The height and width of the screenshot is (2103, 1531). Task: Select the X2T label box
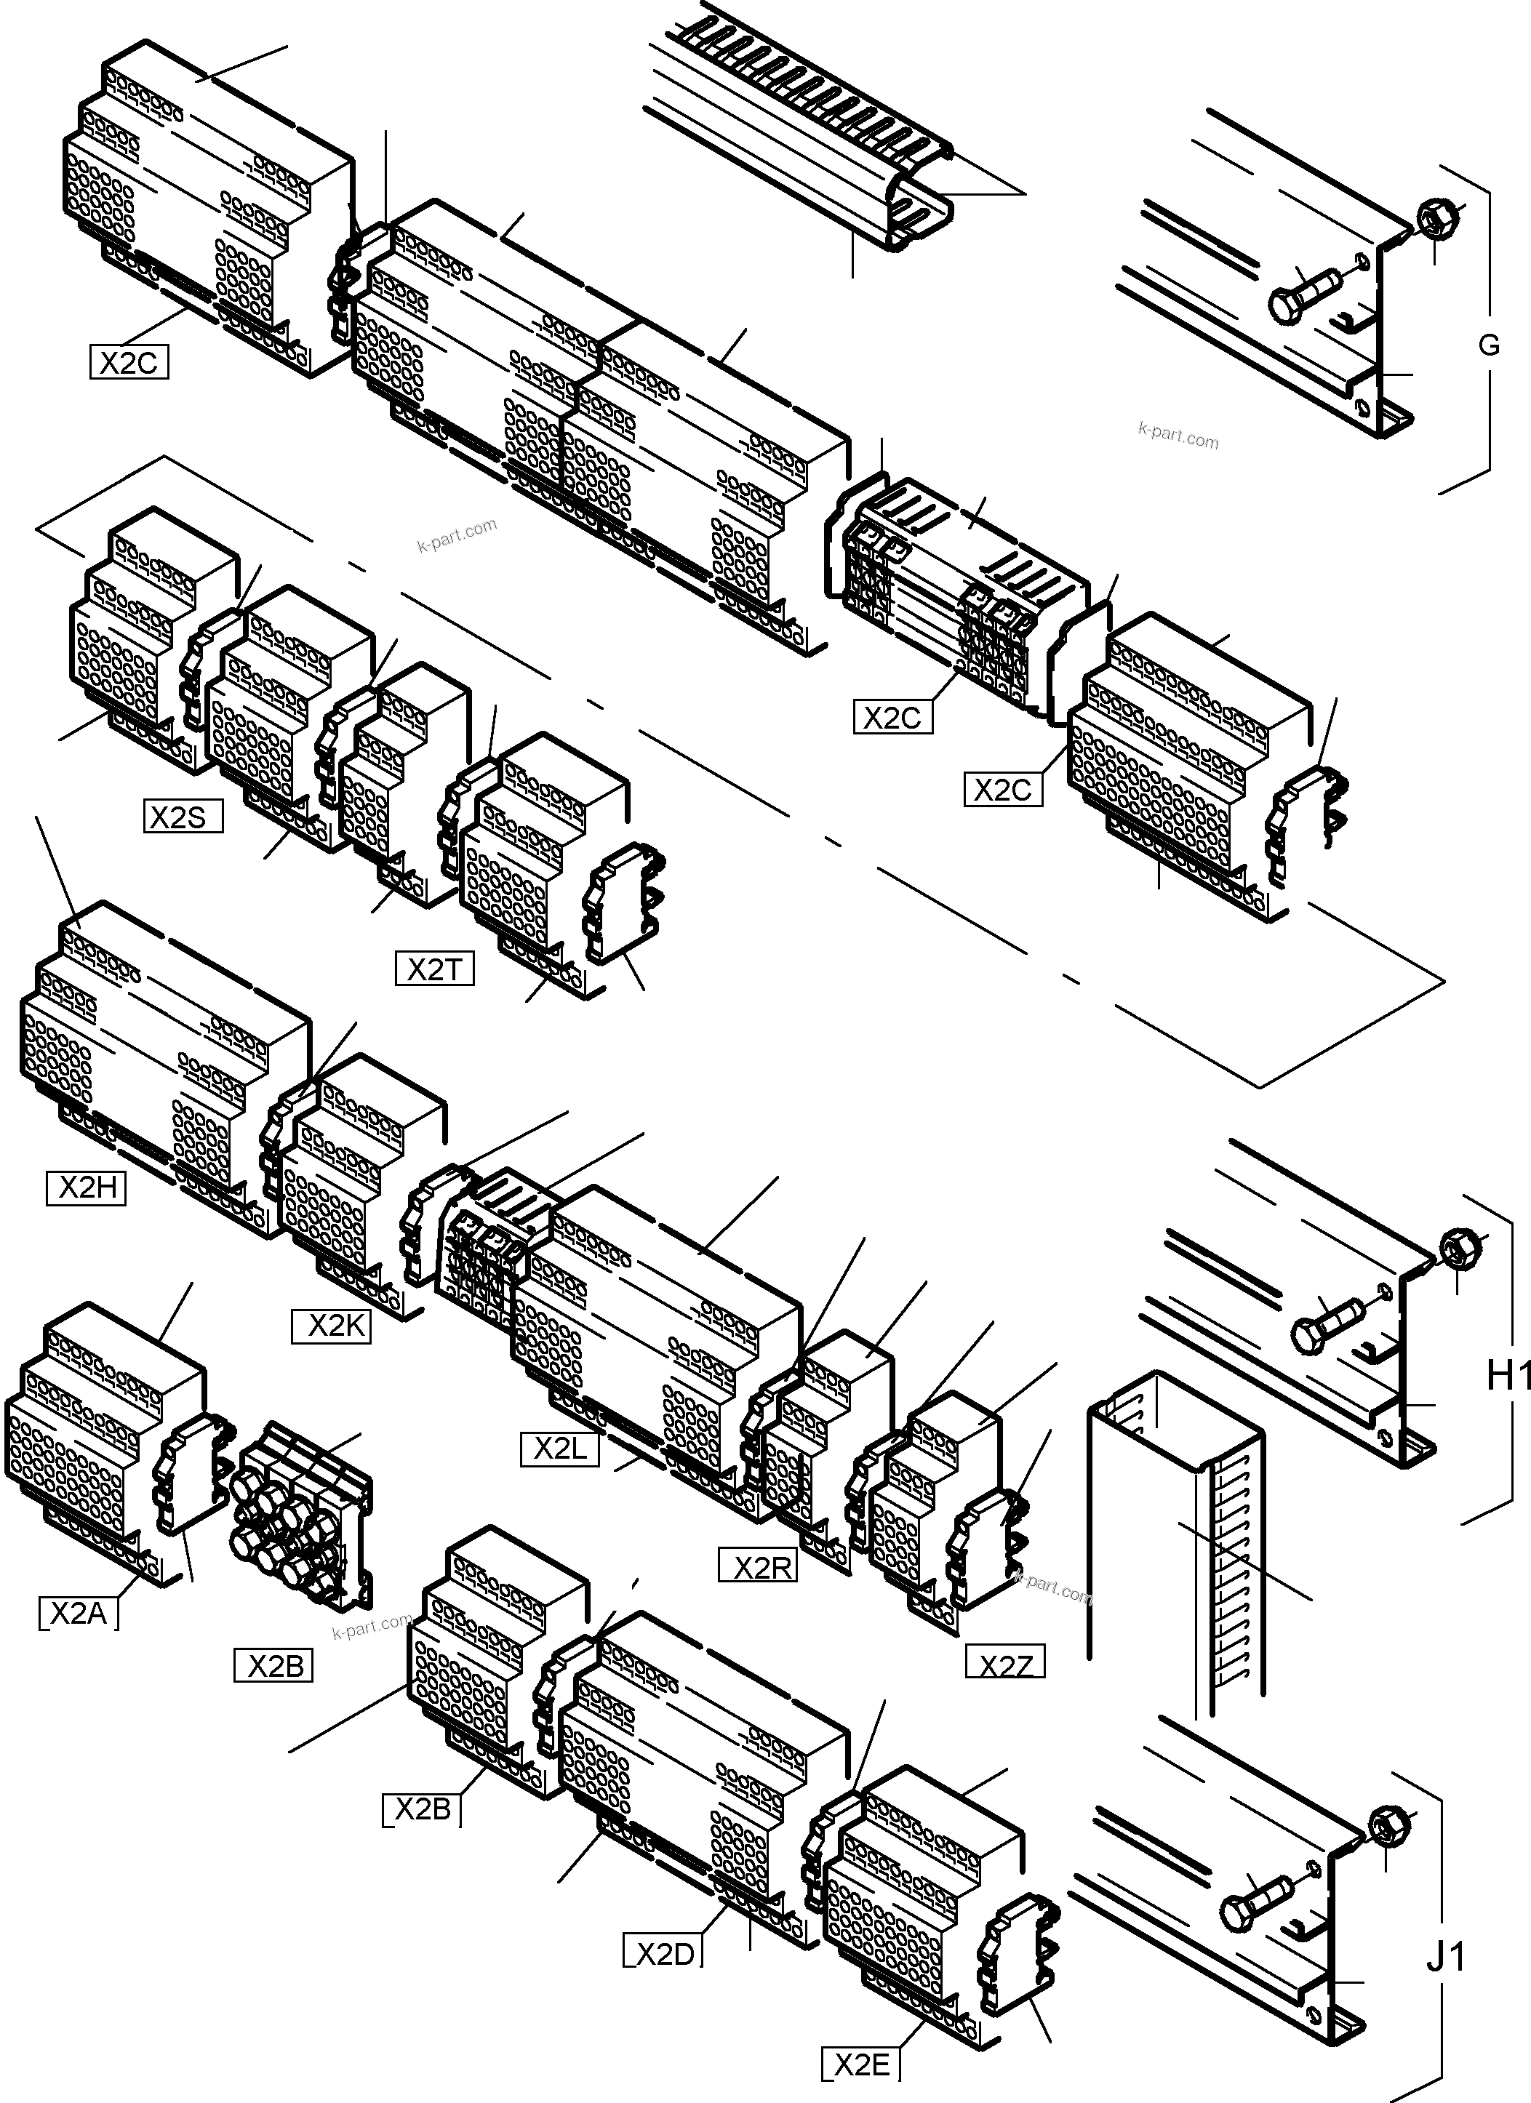point(434,970)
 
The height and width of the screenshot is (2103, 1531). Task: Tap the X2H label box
point(85,1187)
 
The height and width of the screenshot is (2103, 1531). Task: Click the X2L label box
point(559,1449)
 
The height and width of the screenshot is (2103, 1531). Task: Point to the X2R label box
point(759,1567)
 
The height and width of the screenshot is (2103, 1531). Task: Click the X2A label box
point(79,1614)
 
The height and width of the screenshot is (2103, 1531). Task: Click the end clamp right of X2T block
point(620,903)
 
